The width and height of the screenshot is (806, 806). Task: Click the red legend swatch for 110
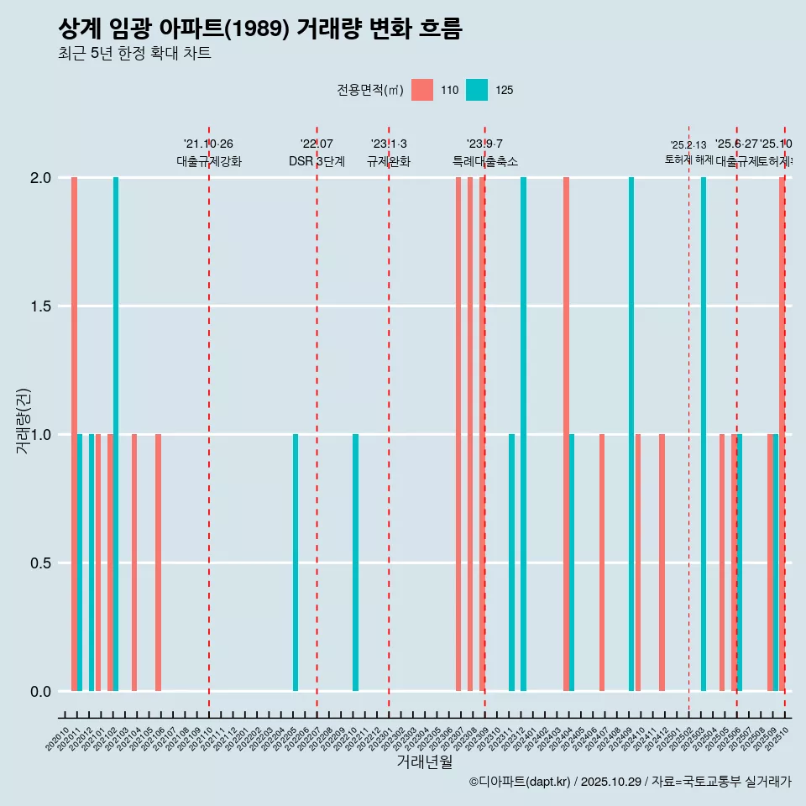tap(422, 90)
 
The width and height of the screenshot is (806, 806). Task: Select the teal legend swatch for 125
tap(476, 90)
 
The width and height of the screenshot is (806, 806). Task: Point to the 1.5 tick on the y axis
tap(41, 306)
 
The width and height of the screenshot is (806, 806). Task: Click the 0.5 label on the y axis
tap(41, 563)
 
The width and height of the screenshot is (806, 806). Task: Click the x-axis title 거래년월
tap(424, 762)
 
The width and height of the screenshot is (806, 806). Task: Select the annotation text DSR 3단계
tap(317, 161)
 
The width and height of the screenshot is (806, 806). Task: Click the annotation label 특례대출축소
tap(484, 161)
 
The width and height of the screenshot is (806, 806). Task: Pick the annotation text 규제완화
tap(389, 161)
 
